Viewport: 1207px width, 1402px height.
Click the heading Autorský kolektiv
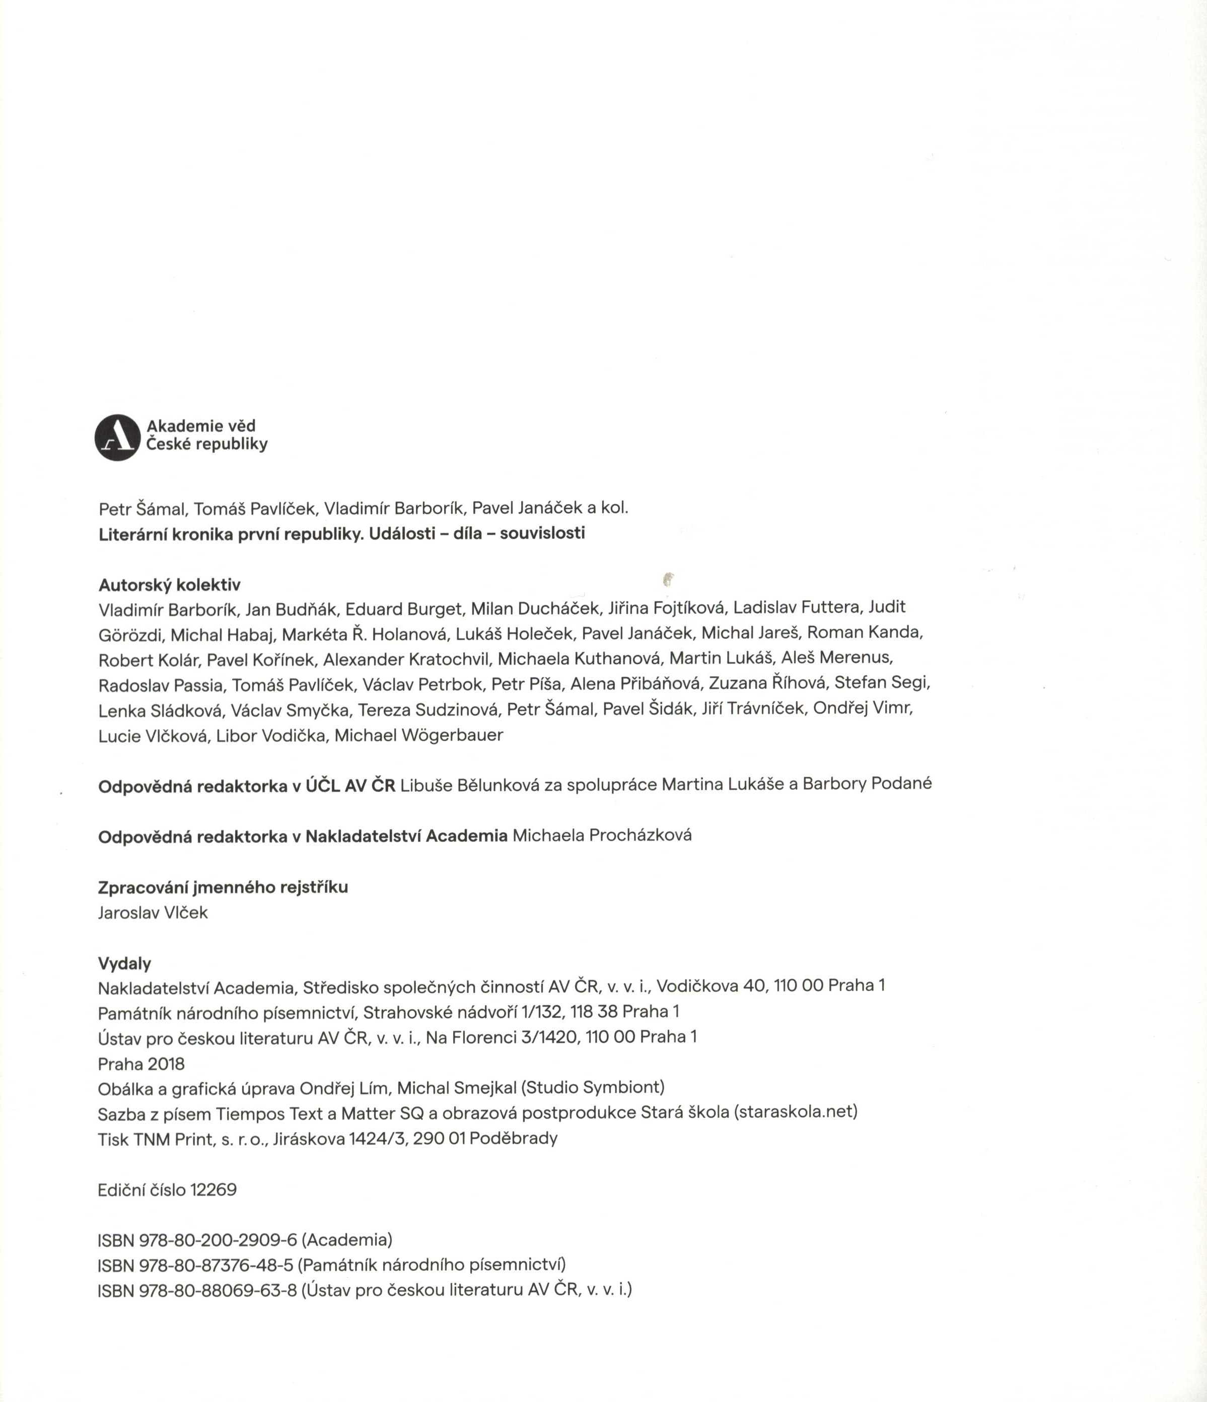coord(169,585)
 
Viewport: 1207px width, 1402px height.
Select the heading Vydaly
coord(124,963)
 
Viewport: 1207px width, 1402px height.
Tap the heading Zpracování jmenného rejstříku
coord(223,887)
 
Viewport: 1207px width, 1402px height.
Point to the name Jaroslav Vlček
coord(153,913)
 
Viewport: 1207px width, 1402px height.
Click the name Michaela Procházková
coord(601,835)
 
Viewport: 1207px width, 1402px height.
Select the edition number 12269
coord(214,1190)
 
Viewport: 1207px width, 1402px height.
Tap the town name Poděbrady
coord(514,1138)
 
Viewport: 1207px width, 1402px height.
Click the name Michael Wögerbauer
coord(419,736)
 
